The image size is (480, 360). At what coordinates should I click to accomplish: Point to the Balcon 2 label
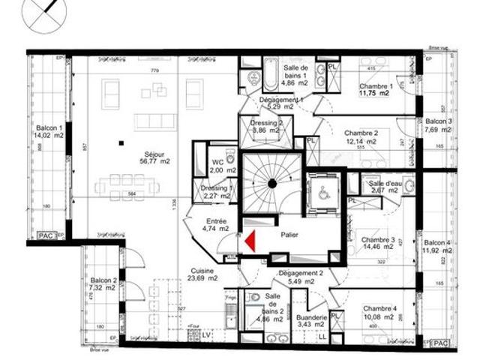[x=101, y=283]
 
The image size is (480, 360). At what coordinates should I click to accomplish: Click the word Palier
[x=289, y=235]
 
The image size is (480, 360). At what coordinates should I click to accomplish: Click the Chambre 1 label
[x=370, y=90]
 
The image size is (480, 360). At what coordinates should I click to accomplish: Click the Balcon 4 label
[x=437, y=247]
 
